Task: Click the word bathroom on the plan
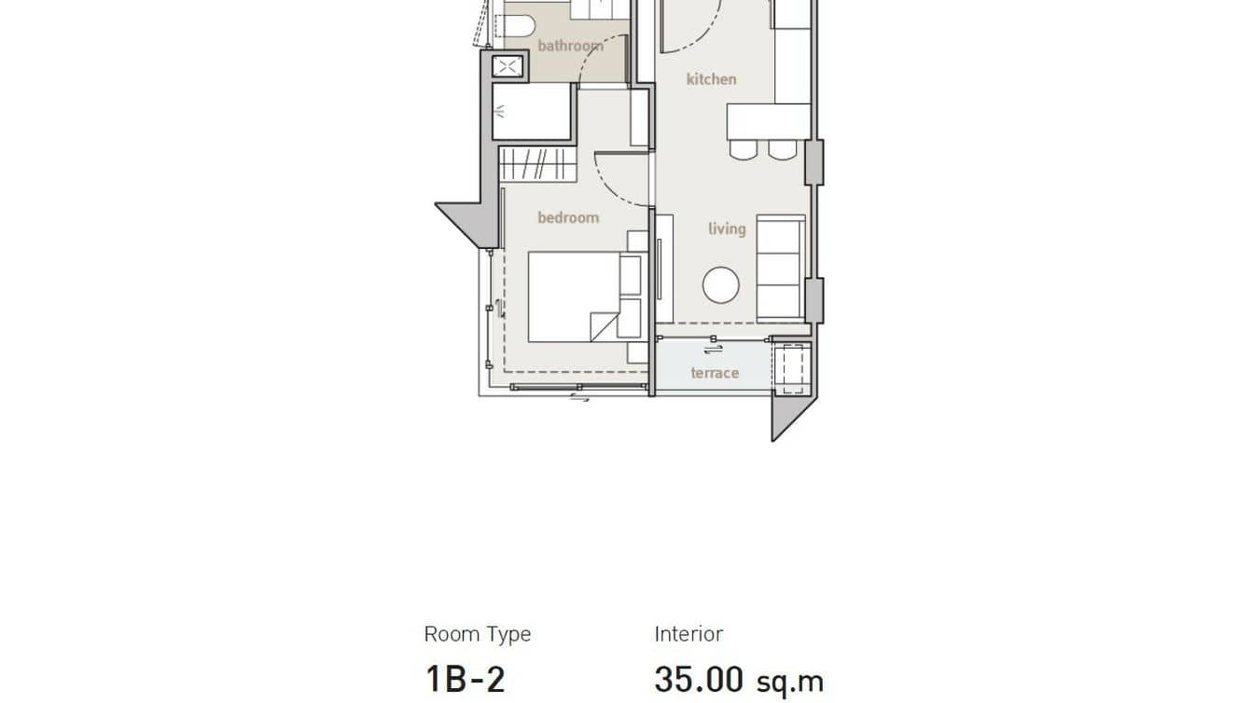(x=569, y=45)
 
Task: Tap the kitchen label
(x=711, y=79)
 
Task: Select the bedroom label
(x=567, y=217)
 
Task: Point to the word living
(x=726, y=228)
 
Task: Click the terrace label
(x=715, y=373)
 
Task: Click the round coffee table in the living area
(x=720, y=285)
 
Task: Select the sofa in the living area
(x=780, y=269)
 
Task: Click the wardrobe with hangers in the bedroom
(x=537, y=165)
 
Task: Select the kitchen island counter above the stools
(x=769, y=121)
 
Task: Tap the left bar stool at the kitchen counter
(x=743, y=149)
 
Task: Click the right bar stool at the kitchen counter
(x=782, y=149)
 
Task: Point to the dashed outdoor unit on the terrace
(x=791, y=367)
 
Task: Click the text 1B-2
(x=465, y=678)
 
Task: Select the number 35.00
(x=698, y=678)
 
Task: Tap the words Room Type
(x=477, y=635)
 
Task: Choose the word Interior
(x=688, y=634)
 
